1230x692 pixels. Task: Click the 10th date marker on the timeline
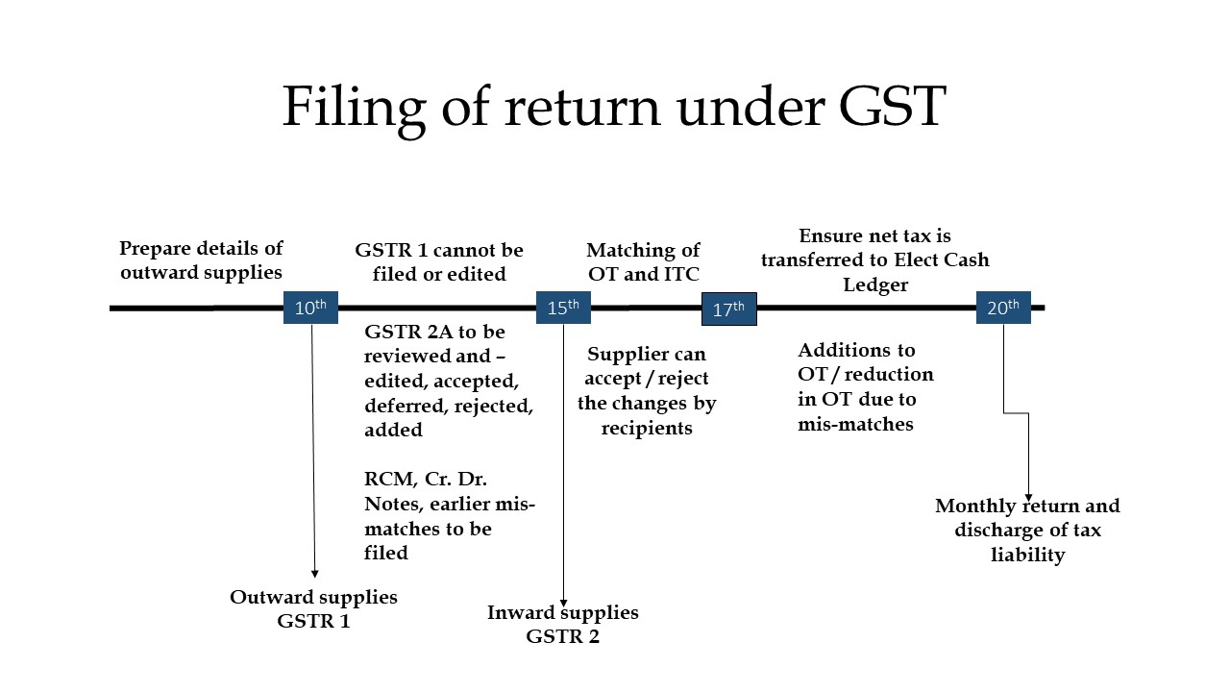tap(310, 308)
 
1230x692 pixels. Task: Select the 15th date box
tap(563, 308)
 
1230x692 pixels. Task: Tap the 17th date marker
tap(728, 309)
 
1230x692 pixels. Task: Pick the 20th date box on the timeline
tap(1003, 308)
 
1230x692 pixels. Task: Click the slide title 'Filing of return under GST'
tap(614, 106)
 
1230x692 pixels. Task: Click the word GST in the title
tap(892, 106)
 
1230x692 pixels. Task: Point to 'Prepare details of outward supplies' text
tap(202, 259)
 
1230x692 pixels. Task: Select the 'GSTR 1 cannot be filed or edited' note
tap(439, 261)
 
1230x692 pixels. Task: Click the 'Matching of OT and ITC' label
tap(643, 261)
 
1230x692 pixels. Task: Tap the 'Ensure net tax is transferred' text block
tap(874, 259)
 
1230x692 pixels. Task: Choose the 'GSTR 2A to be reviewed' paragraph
tap(448, 381)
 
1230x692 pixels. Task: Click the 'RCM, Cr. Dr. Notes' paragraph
tap(449, 516)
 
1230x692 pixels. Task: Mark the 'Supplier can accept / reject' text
tap(647, 390)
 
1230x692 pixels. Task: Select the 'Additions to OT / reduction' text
tap(865, 386)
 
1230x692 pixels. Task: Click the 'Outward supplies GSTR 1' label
tap(313, 608)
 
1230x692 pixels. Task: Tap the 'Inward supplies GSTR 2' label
tap(562, 624)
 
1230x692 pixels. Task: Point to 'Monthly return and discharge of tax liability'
tap(1027, 531)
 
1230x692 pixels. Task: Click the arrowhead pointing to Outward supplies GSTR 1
tap(315, 574)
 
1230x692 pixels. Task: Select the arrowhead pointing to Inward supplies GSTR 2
tap(563, 603)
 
